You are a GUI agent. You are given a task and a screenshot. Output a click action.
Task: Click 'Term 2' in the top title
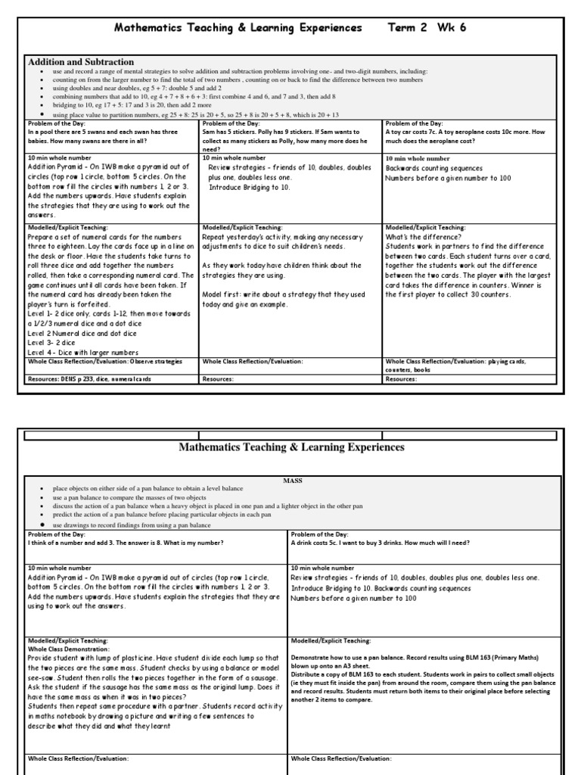click(407, 28)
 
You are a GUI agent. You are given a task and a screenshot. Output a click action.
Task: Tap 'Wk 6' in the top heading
click(452, 28)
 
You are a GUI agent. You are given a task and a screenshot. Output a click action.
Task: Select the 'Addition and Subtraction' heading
click(81, 62)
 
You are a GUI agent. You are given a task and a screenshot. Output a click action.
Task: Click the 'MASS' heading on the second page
click(293, 480)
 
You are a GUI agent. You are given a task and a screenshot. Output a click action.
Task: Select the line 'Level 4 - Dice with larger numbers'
click(83, 352)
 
